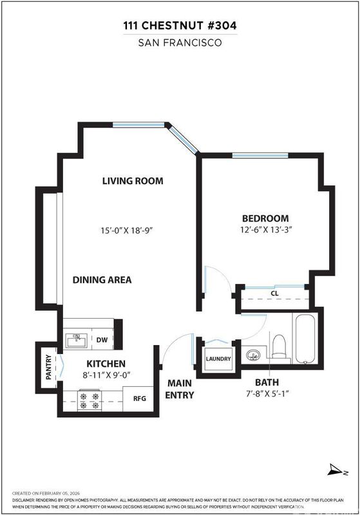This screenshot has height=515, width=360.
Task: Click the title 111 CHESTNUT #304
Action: point(180,25)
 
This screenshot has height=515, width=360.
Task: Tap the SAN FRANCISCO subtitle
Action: point(180,42)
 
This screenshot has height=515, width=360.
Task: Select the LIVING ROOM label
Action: point(133,181)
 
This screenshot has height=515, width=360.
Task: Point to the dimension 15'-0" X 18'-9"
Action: point(128,230)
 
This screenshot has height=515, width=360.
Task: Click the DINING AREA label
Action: point(102,280)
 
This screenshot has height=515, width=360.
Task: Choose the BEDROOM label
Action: point(266,218)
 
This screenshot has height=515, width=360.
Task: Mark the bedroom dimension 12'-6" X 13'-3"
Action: point(267,230)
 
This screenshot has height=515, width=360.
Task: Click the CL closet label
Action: point(274,294)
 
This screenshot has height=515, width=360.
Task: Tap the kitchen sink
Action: point(77,341)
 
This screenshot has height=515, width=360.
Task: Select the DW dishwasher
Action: point(102,340)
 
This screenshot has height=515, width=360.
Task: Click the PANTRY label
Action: point(49,367)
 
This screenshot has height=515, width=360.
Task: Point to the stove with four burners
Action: point(89,400)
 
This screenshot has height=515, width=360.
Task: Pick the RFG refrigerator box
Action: point(139,398)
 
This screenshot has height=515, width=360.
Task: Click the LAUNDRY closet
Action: point(218,359)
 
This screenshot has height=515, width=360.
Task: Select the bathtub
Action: point(305,339)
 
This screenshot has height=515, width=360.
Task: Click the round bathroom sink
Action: point(253,355)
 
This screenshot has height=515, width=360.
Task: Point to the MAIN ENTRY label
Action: point(180,389)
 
